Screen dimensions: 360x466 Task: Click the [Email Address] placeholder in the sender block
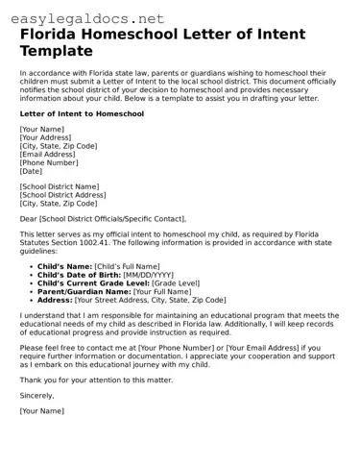tap(47, 154)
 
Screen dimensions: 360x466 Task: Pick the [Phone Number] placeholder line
tap(48, 162)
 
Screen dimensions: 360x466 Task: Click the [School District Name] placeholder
tap(59, 186)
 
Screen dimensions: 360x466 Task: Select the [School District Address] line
tap(62, 195)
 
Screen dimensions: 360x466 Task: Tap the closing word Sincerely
tap(37, 396)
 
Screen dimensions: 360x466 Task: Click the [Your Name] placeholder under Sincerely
tap(41, 411)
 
